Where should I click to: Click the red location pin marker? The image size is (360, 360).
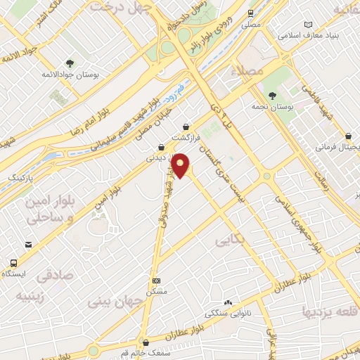(181, 165)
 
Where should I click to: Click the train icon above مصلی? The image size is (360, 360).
(251, 13)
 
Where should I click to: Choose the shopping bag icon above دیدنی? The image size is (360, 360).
(163, 148)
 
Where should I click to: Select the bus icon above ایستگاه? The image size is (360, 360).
(13, 262)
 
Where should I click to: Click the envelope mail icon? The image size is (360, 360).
(28, 244)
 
